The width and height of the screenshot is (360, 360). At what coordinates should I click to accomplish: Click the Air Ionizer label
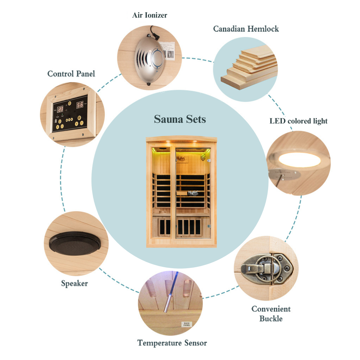[x=149, y=15]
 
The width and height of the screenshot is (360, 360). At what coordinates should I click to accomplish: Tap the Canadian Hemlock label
[x=246, y=29]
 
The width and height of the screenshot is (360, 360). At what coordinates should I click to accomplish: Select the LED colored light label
[x=298, y=121]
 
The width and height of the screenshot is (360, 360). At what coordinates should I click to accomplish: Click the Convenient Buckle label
[x=271, y=314]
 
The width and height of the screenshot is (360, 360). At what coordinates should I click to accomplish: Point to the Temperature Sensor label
[x=172, y=343]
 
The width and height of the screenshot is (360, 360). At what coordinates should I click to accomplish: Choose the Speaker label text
[x=74, y=283]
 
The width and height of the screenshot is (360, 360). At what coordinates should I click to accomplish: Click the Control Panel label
[x=71, y=74]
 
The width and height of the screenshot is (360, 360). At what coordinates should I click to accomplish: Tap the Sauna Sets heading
[x=180, y=119]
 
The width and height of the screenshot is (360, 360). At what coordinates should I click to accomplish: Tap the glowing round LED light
[x=298, y=159]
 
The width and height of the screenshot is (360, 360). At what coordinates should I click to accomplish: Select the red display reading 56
[x=80, y=105]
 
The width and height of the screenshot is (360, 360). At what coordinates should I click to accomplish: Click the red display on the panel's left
[x=60, y=109]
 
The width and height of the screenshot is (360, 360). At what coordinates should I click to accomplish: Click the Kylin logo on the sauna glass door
[x=193, y=193]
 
